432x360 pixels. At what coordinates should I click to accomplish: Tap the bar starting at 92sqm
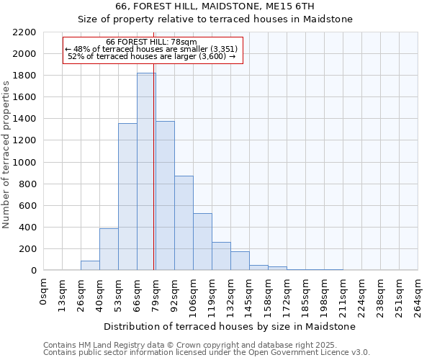(x=184, y=222)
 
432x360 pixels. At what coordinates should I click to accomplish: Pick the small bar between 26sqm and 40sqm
(x=90, y=265)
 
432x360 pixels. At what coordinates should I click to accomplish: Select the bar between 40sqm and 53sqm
(x=109, y=249)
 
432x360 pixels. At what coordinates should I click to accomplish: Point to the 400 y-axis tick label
(x=27, y=228)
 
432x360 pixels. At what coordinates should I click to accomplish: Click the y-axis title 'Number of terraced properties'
(x=7, y=154)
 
